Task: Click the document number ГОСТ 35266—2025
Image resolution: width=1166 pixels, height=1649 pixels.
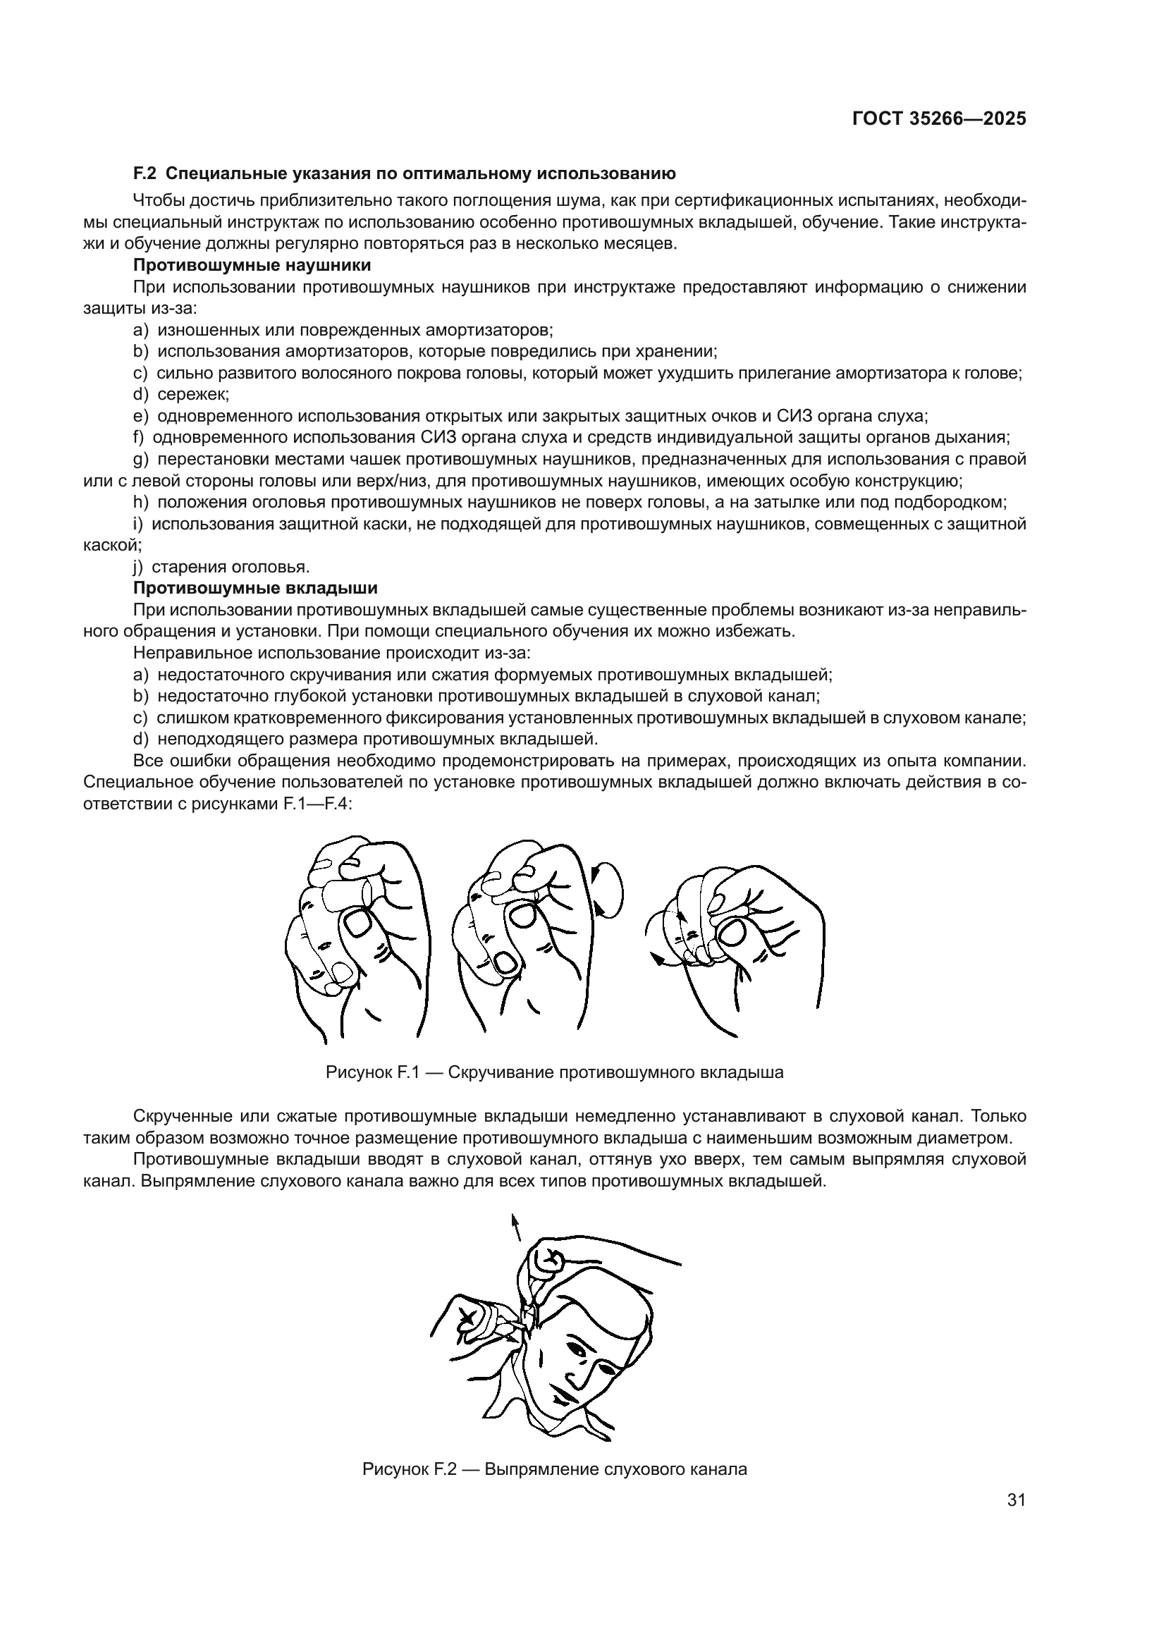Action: point(939,119)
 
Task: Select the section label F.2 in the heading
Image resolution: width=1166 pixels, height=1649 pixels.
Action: point(145,173)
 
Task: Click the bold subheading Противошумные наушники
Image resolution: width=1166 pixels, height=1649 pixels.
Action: point(252,265)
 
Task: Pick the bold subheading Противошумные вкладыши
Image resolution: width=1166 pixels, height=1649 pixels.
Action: point(255,588)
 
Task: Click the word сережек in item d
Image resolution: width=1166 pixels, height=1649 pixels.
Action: point(192,394)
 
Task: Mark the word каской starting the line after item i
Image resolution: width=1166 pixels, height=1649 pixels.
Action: point(111,545)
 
